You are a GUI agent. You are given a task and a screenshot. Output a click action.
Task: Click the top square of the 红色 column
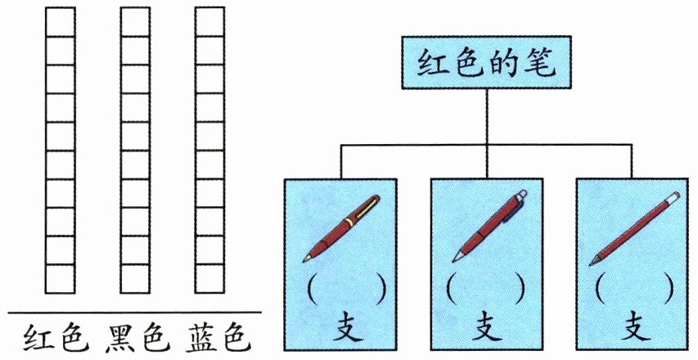(x=60, y=22)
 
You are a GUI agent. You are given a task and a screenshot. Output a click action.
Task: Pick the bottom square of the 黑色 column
(x=135, y=279)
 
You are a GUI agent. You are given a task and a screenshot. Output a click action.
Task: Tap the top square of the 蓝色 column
(x=209, y=22)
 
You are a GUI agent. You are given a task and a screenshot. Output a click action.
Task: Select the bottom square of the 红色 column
(x=60, y=279)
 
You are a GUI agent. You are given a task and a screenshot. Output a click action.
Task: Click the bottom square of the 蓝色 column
(x=209, y=279)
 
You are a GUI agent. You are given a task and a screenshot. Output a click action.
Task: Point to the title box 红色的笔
(x=486, y=62)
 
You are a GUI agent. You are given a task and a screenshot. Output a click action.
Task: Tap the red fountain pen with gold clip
(x=341, y=228)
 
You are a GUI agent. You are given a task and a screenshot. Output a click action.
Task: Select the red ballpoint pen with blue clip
(x=489, y=226)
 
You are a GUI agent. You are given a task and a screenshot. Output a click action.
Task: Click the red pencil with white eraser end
(x=634, y=229)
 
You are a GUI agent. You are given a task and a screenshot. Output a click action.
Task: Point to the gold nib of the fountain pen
(x=307, y=258)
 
